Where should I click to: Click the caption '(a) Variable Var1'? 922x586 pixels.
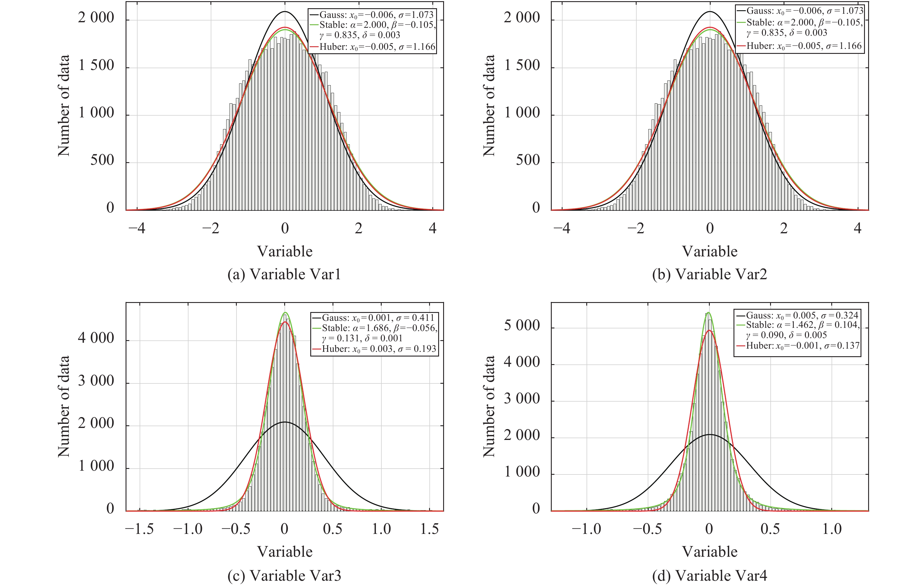[x=284, y=274]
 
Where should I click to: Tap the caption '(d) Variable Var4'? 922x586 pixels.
[x=710, y=575]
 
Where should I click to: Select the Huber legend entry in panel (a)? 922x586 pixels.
[x=372, y=47]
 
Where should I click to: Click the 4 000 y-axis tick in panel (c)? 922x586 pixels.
[x=96, y=338]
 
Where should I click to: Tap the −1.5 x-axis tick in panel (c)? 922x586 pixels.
[x=139, y=529]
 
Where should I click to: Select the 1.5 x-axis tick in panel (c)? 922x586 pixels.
[x=429, y=529]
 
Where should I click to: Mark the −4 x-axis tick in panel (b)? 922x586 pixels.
[x=562, y=228]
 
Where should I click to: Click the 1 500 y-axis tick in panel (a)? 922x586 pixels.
[x=96, y=66]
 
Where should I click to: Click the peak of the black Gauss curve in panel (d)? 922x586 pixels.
[x=710, y=434]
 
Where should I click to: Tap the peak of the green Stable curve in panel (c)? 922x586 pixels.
[x=285, y=313]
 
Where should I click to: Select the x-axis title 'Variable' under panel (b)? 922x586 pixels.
[x=710, y=251]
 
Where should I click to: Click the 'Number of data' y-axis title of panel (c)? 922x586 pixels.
[x=64, y=406]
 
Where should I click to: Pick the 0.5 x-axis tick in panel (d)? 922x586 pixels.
[x=770, y=529]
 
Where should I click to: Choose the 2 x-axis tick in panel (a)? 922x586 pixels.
[x=358, y=228]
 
